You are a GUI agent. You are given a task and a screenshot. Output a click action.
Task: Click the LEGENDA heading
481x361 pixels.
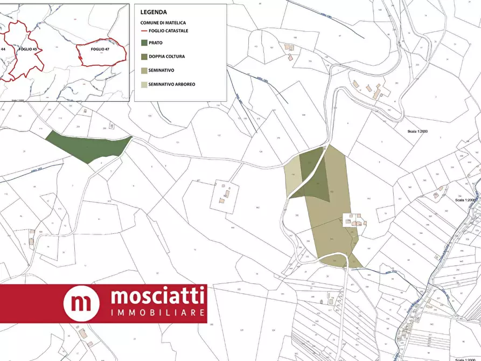pos(154,12)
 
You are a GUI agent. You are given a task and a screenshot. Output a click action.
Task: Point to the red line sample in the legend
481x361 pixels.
pos(144,31)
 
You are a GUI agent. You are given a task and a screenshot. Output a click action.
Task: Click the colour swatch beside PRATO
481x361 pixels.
pos(144,43)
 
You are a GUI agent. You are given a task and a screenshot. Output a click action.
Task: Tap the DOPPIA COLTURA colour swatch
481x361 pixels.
pos(144,57)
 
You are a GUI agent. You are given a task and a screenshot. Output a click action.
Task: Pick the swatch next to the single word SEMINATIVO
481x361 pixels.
pos(144,71)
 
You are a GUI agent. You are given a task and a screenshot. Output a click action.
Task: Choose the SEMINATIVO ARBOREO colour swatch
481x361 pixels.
pos(144,85)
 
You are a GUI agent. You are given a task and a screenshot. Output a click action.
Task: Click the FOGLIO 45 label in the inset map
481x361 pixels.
pos(27,49)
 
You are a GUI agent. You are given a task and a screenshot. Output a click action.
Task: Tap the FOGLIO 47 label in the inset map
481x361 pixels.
pos(100,49)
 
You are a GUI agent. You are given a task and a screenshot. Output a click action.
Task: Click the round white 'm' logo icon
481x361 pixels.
pos(81,303)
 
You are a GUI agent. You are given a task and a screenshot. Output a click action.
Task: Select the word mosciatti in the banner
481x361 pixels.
pos(157,296)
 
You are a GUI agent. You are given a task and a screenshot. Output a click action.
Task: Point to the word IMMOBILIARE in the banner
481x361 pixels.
pos(157,313)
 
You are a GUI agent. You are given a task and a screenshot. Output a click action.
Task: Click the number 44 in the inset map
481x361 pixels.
pos(3,49)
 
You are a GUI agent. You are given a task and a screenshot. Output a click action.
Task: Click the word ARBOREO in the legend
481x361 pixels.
pos(185,85)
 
